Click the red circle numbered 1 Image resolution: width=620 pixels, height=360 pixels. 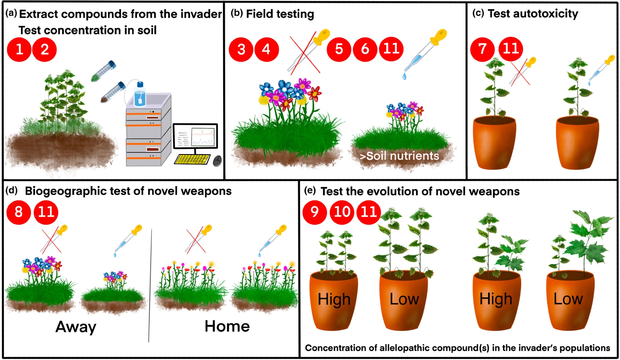click(19, 50)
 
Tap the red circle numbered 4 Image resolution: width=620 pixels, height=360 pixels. click(266, 50)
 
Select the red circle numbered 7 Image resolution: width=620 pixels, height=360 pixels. click(482, 49)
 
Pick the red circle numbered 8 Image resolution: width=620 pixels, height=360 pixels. click(19, 212)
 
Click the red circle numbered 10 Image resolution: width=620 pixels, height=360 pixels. click(342, 212)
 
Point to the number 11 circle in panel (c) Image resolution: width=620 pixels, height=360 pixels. click(511, 49)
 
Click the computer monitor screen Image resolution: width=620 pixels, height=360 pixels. click(195, 136)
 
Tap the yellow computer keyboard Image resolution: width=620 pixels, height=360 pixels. click(193, 159)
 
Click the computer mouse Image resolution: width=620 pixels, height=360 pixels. click(217, 160)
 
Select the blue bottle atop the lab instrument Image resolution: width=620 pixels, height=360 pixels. click(140, 94)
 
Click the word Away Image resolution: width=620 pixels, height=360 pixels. click(76, 327)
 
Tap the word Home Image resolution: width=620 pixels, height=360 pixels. click(227, 326)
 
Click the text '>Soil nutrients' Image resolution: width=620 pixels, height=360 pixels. click(400, 156)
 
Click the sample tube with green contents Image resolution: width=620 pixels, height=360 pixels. click(104, 71)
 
